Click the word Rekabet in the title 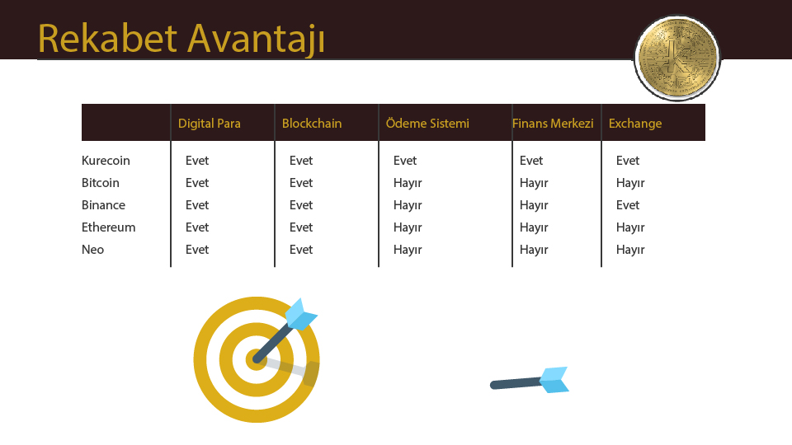(107, 39)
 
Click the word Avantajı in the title (256, 40)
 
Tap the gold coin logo (677, 58)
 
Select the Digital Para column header (209, 124)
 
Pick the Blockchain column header (312, 124)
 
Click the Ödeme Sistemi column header (427, 123)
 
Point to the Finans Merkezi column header (553, 124)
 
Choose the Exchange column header (635, 124)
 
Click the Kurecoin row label (106, 161)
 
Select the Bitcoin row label (101, 183)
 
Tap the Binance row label (104, 205)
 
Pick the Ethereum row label (109, 227)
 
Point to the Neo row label (93, 249)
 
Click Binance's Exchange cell (628, 205)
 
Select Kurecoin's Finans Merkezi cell (531, 161)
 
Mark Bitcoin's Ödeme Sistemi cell (408, 183)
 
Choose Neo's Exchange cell (630, 250)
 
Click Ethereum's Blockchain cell (301, 227)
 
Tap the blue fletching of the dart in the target (301, 314)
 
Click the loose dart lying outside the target (530, 381)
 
